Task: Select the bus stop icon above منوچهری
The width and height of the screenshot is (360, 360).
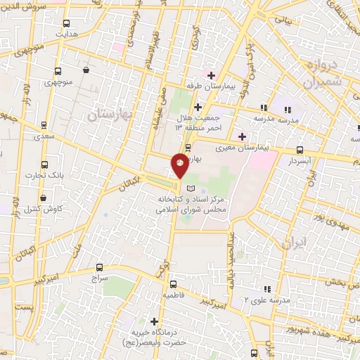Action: pos(58,71)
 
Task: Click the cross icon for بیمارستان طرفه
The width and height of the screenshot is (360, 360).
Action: pos(210,75)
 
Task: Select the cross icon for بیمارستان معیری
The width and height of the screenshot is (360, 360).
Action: pos(243,136)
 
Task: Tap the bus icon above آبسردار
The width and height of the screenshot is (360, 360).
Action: pos(300,149)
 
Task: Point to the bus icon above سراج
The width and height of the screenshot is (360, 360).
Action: pos(99,267)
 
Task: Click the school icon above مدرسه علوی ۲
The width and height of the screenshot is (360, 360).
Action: pos(266,289)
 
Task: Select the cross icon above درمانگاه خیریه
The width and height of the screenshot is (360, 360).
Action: pos(155,321)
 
